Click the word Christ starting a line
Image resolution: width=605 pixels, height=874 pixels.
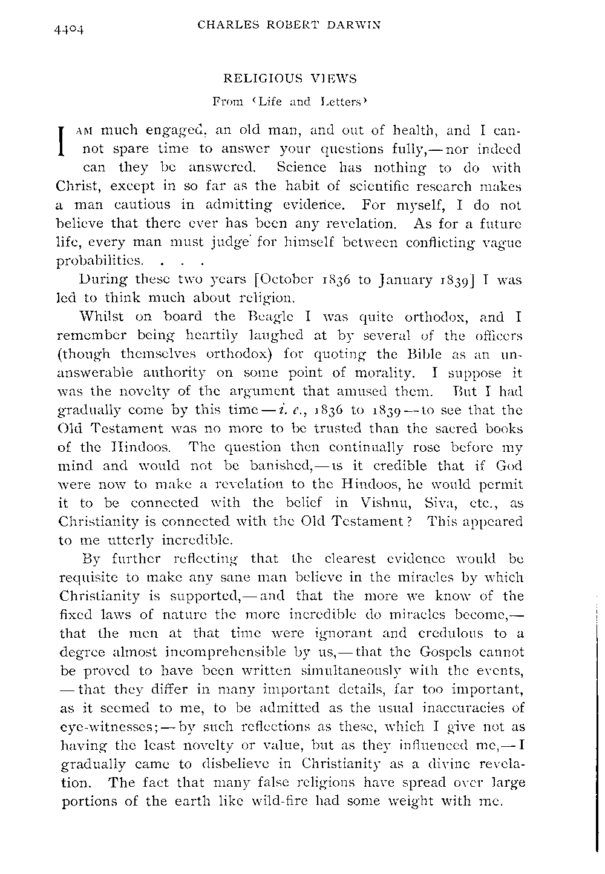click(x=76, y=186)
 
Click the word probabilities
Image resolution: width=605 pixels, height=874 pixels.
click(x=100, y=262)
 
